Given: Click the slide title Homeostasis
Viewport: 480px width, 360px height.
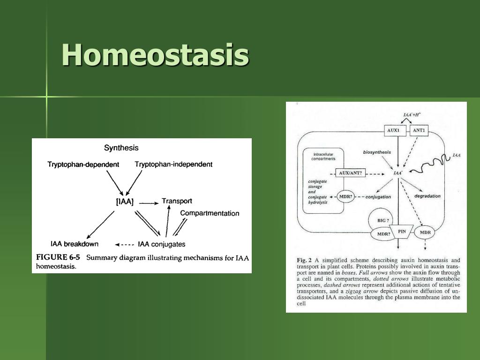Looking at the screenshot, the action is tap(155, 55).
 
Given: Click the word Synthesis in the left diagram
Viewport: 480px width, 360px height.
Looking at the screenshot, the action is tap(121, 148).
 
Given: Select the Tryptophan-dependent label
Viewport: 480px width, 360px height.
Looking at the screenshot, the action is tap(83, 165).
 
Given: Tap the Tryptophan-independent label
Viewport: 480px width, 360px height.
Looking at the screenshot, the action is tap(173, 165).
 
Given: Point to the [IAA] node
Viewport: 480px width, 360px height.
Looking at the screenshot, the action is tap(125, 202).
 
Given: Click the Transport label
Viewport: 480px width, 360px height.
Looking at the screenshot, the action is tap(177, 201).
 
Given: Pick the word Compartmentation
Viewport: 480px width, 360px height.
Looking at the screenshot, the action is tap(210, 213).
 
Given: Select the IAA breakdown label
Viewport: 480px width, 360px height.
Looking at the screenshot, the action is tap(75, 244).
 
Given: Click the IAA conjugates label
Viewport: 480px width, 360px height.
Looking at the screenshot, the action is tap(162, 244).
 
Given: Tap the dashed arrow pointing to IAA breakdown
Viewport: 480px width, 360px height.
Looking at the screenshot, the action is tap(125, 245).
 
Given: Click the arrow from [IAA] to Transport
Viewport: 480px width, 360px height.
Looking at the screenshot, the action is tap(149, 203).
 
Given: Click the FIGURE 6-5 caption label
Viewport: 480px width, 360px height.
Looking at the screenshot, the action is tap(58, 257).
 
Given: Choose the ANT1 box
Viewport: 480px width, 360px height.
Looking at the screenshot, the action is tap(419, 130).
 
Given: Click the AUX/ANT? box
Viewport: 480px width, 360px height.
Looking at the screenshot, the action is tap(351, 173).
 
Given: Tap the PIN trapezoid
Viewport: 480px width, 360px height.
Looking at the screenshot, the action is tap(402, 232).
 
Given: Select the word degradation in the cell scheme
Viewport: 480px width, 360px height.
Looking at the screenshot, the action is tap(427, 196).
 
